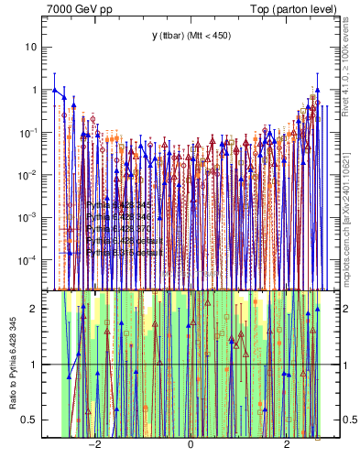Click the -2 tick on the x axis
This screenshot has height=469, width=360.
[x=93, y=447]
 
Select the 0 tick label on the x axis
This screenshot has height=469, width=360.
[x=191, y=447]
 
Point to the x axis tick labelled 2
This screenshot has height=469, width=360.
[x=287, y=447]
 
